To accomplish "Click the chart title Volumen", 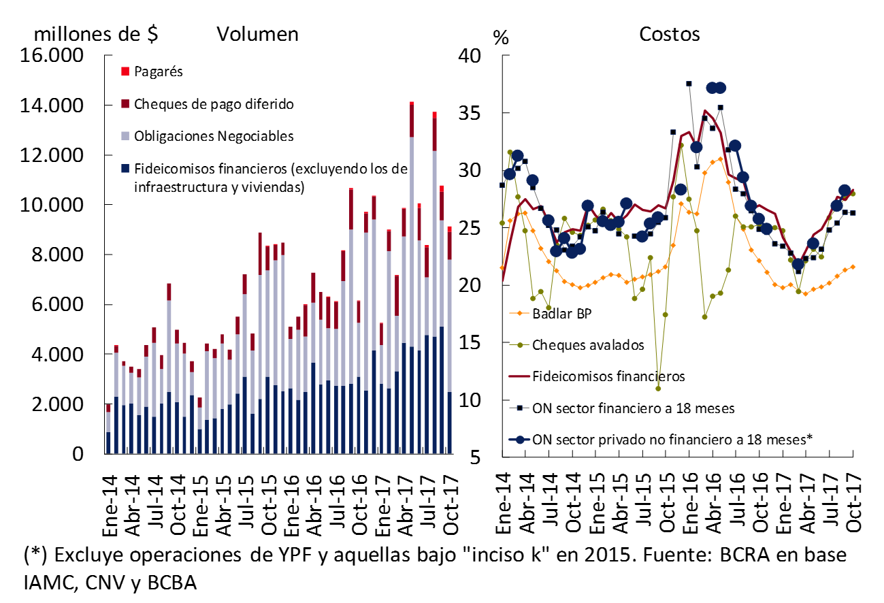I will pos(257,34).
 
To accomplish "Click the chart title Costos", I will pos(669,34).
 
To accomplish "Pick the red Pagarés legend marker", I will pos(125,71).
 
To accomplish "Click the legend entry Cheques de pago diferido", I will pos(214,104).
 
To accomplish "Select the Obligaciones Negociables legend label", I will pos(214,136).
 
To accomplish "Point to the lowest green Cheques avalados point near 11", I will pos(658,389).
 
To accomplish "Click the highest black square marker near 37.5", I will pos(689,83).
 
